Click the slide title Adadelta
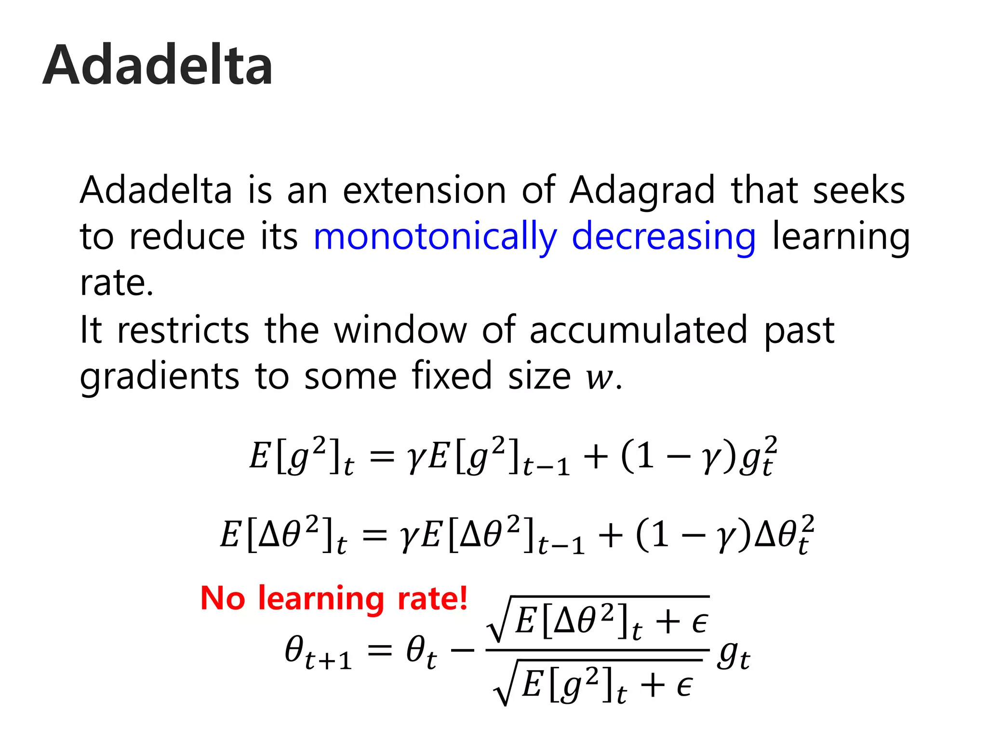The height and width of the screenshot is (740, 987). pyautogui.click(x=158, y=65)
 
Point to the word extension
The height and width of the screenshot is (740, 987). pyautogui.click(x=424, y=190)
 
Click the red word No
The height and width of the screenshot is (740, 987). pyautogui.click(x=223, y=598)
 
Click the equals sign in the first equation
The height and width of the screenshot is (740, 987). pyautogui.click(x=382, y=456)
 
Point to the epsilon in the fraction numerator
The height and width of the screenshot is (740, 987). pyautogui.click(x=700, y=622)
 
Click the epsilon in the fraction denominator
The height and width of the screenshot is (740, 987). pyautogui.click(x=684, y=686)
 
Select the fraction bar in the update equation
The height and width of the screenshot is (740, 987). pyautogui.click(x=598, y=650)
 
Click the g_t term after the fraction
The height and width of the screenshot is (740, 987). pyautogui.click(x=733, y=656)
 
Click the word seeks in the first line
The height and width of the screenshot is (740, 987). pyautogui.click(x=859, y=190)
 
